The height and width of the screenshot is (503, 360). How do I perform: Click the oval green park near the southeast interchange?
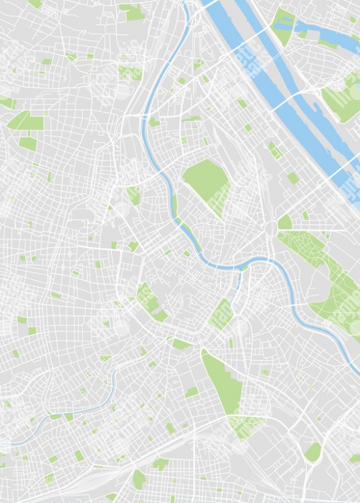point(313,451)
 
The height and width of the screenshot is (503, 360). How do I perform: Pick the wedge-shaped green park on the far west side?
point(25,121)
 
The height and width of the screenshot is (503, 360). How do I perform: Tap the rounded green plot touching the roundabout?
point(284,222)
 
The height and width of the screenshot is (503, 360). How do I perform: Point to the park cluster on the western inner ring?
point(151,302)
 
